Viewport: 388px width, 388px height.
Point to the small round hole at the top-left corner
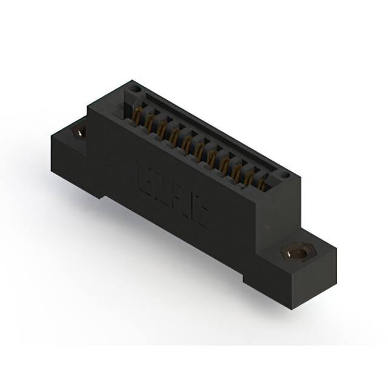(136, 89)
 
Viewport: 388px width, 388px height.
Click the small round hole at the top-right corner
(280, 176)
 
